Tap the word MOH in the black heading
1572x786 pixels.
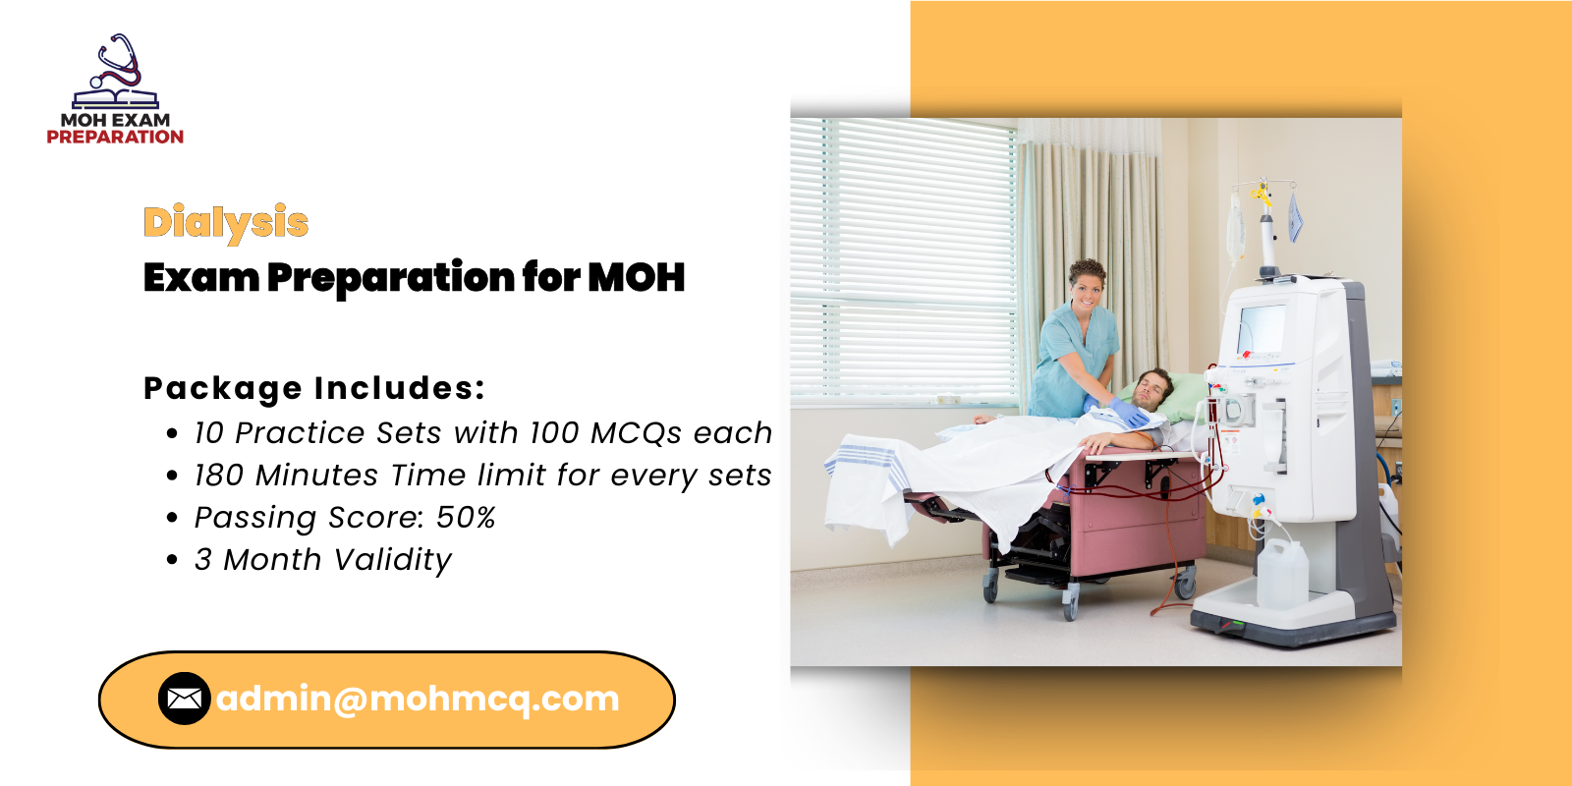(x=636, y=277)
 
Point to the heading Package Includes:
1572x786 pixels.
(x=314, y=389)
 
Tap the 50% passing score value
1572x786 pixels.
(x=466, y=518)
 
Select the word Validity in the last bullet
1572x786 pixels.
(x=392, y=561)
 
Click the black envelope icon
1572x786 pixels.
(x=185, y=699)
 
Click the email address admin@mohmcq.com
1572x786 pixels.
(x=418, y=699)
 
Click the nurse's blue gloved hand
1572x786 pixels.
(x=1127, y=413)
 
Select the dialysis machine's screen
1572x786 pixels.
(x=1262, y=330)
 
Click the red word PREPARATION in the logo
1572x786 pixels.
(x=115, y=137)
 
